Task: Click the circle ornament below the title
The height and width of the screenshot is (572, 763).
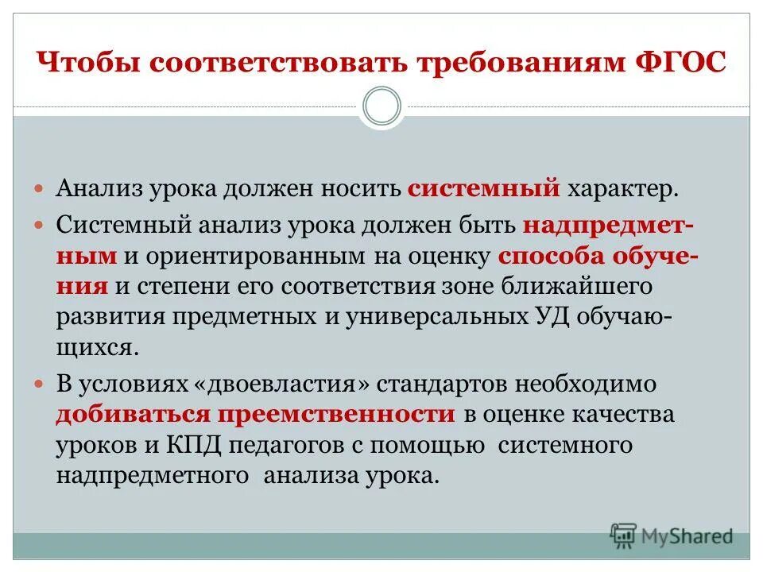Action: click(x=381, y=106)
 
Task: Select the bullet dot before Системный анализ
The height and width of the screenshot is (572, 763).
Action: click(x=42, y=225)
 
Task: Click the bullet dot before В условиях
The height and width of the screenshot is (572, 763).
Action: click(x=42, y=384)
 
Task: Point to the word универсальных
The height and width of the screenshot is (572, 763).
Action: click(x=405, y=318)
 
